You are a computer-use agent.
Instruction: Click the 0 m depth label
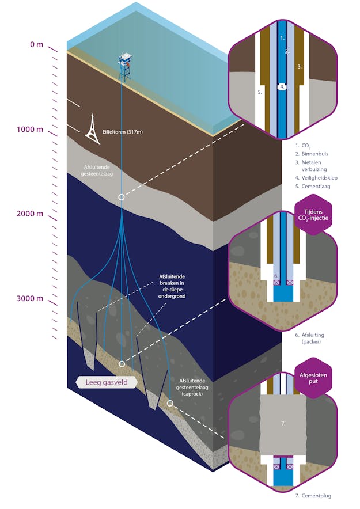point(36,44)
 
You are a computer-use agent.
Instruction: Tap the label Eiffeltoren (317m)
point(122,132)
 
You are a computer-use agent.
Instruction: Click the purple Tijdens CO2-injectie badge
point(313,214)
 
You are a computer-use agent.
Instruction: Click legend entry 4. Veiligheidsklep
point(316,178)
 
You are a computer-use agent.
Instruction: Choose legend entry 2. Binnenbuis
point(314,154)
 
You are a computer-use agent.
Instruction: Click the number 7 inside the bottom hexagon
point(283,424)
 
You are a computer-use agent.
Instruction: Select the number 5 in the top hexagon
point(260,92)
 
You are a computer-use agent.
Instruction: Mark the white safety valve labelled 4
point(282,86)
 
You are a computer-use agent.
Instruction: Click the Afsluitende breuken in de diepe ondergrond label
point(173,286)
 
